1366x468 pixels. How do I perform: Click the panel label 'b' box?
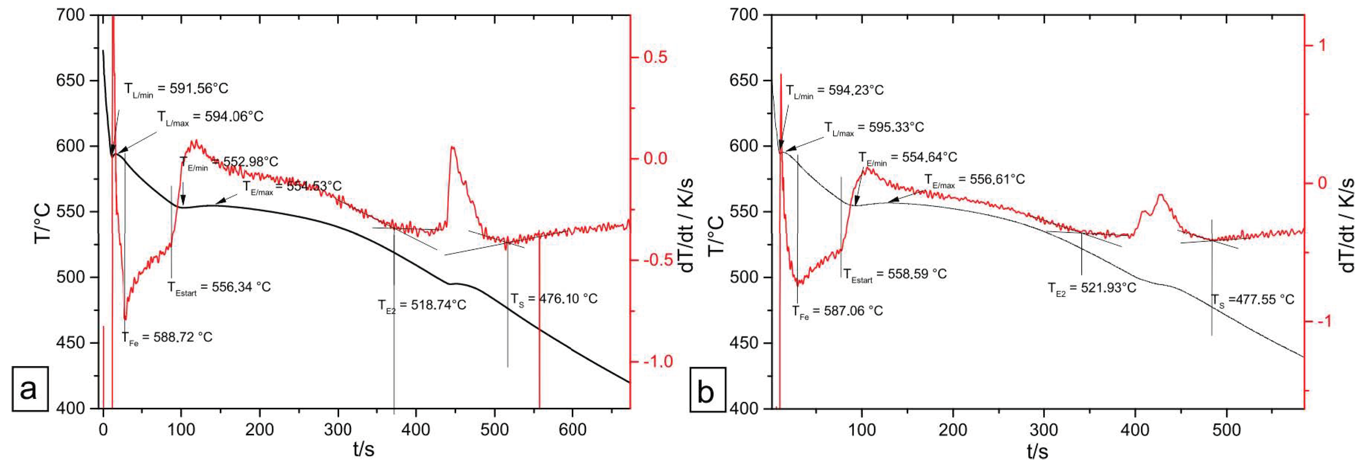pyautogui.click(x=707, y=392)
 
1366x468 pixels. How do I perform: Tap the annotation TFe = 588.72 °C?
pyautogui.click(x=167, y=338)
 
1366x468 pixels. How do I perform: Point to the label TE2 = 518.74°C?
pyautogui.click(x=422, y=306)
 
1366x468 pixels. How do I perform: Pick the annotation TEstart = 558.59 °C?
pyautogui.click(x=895, y=275)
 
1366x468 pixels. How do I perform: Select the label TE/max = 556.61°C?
pyautogui.click(x=974, y=180)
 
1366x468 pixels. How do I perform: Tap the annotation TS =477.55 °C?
pyautogui.click(x=1253, y=300)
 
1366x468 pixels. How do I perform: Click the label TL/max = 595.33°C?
pyautogui.click(x=874, y=128)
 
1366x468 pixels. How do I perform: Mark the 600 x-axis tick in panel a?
pyautogui.click(x=572, y=429)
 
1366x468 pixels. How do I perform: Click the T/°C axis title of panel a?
pyautogui.click(x=42, y=223)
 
